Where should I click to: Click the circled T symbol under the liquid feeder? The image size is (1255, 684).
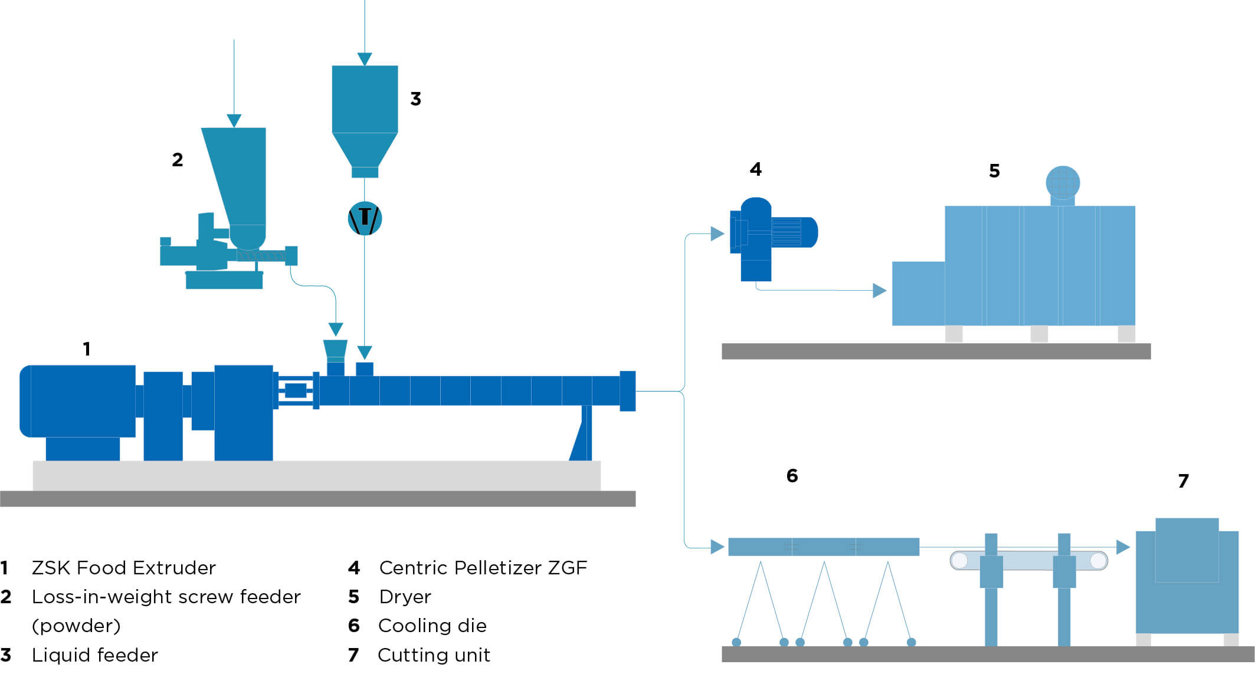pyautogui.click(x=365, y=218)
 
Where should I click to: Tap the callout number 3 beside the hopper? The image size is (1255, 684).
pyautogui.click(x=415, y=98)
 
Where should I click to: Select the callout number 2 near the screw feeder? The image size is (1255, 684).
pyautogui.click(x=177, y=159)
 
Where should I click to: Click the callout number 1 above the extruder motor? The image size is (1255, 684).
pyautogui.click(x=87, y=348)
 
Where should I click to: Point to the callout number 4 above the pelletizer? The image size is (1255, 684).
pyautogui.click(x=755, y=169)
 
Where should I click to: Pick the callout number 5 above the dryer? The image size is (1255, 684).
pyautogui.click(x=994, y=171)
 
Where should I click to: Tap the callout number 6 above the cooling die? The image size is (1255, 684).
pyautogui.click(x=792, y=475)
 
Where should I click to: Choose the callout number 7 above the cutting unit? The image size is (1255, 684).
pyautogui.click(x=1183, y=481)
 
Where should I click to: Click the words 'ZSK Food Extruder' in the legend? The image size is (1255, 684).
pyautogui.click(x=123, y=567)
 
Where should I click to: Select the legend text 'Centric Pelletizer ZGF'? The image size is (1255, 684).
pyautogui.click(x=483, y=567)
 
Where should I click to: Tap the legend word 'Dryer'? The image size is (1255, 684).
pyautogui.click(x=405, y=597)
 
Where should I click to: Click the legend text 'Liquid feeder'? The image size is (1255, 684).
pyautogui.click(x=94, y=655)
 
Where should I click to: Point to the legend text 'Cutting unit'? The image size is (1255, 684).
pyautogui.click(x=434, y=655)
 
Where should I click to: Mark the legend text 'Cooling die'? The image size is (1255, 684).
pyautogui.click(x=432, y=626)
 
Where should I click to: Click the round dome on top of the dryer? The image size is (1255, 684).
pyautogui.click(x=1063, y=183)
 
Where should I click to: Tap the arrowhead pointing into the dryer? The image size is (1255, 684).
pyautogui.click(x=879, y=290)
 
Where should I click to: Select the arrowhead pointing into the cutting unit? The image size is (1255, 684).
pyautogui.click(x=1123, y=547)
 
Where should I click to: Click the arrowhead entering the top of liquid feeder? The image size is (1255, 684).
pyautogui.click(x=365, y=59)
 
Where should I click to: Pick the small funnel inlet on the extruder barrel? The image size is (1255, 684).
pyautogui.click(x=335, y=349)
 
